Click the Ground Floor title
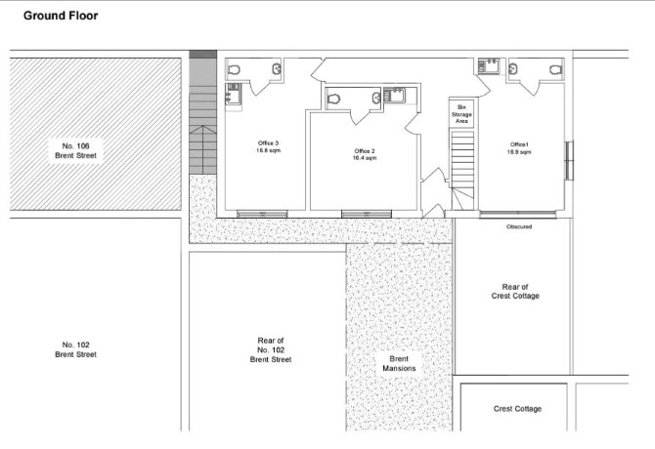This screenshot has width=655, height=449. click(x=60, y=17)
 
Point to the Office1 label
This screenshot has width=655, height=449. click(x=519, y=148)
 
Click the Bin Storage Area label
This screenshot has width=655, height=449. click(x=461, y=113)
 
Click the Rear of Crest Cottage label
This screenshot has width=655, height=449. click(x=515, y=290)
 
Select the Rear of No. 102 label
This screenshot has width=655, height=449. click(x=271, y=349)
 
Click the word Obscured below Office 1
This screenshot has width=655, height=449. click(x=519, y=226)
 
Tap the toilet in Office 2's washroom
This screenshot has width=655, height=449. click(x=334, y=98)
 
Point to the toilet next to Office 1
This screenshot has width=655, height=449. click(x=555, y=69)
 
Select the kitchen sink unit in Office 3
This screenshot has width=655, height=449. click(x=234, y=95)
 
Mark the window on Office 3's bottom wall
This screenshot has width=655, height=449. click(x=261, y=213)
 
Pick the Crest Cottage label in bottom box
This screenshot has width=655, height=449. click(x=517, y=409)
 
